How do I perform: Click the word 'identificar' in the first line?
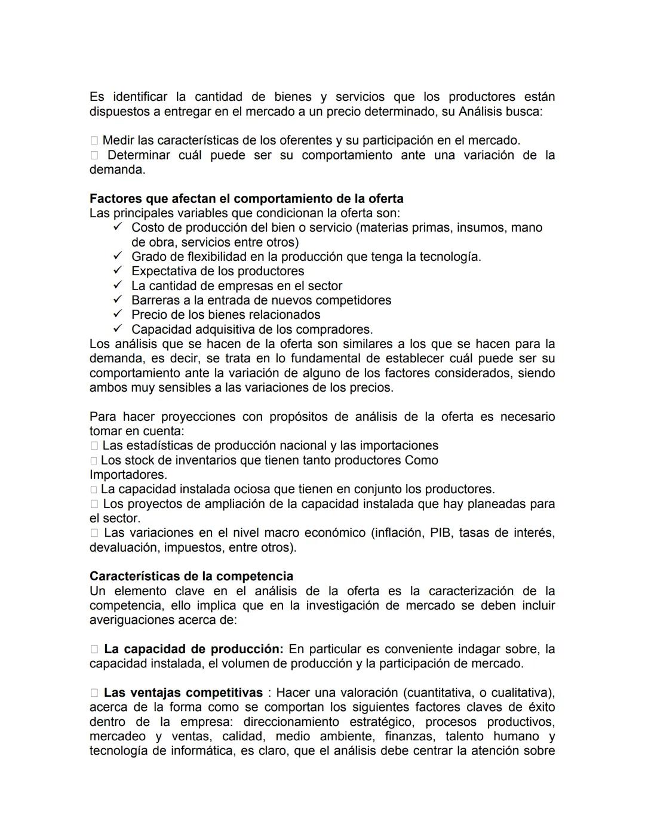pos(140,97)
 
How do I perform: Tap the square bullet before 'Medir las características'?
pos(94,141)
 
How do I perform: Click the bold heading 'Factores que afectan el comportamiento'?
pos(246,199)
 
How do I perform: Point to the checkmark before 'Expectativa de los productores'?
pos(118,271)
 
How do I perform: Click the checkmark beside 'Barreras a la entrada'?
pos(118,300)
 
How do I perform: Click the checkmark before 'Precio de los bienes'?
pos(118,315)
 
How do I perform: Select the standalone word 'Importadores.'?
pos(128,475)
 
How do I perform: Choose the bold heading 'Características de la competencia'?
pos(191,577)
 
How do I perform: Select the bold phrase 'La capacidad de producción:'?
pos(193,649)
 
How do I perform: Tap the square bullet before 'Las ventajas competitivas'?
pos(94,693)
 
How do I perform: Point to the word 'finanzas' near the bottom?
pos(410,737)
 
